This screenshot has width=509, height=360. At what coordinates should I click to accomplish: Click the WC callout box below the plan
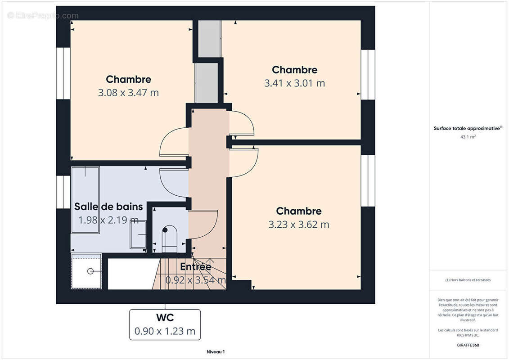tap(165, 324)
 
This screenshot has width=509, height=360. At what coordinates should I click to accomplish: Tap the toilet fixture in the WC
tap(170, 239)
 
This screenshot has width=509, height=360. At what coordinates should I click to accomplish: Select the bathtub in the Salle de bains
tap(85, 200)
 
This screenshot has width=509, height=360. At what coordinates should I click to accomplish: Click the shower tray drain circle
tap(90, 271)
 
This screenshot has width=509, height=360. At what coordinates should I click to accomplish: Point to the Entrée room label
tap(196, 267)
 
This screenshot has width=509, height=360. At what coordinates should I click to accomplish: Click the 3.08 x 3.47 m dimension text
tap(129, 93)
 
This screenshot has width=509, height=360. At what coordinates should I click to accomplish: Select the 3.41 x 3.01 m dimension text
tap(294, 83)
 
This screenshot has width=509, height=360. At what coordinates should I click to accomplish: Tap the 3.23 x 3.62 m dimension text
tap(299, 225)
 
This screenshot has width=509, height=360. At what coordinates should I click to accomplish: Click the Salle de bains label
tap(108, 207)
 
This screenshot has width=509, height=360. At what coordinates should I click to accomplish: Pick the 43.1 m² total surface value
tap(468, 137)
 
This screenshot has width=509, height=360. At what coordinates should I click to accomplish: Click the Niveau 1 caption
tap(216, 351)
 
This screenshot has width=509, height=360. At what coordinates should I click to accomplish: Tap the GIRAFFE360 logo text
tap(468, 345)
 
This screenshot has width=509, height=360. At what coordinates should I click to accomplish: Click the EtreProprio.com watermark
tap(43, 16)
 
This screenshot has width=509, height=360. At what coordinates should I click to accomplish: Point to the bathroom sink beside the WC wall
tap(138, 234)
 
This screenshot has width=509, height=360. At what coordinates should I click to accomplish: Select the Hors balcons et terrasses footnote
tap(468, 280)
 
